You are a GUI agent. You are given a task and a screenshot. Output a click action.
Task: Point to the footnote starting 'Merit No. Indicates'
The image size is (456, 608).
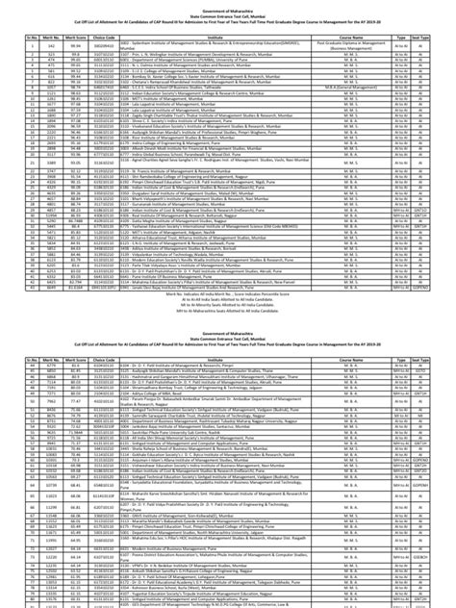point(228,292)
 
